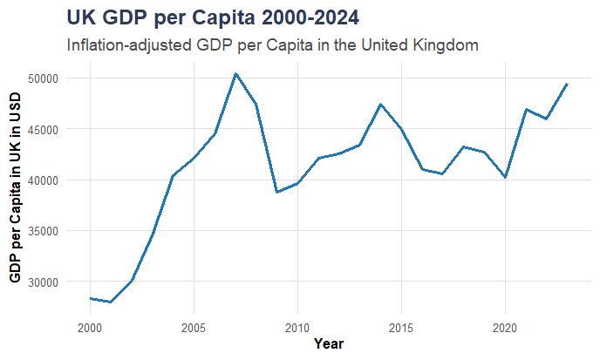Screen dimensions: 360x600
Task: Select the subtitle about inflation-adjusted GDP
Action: click(x=273, y=44)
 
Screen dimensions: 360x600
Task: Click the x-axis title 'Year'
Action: click(x=328, y=344)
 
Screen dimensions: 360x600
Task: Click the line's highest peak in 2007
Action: click(x=235, y=74)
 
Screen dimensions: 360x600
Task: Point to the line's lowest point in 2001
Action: click(x=110, y=302)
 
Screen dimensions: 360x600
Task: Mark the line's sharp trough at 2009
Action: click(x=276, y=192)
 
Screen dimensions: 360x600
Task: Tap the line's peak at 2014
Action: click(x=381, y=105)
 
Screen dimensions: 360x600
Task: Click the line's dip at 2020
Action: click(x=506, y=177)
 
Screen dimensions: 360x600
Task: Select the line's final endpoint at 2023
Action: click(x=568, y=84)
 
